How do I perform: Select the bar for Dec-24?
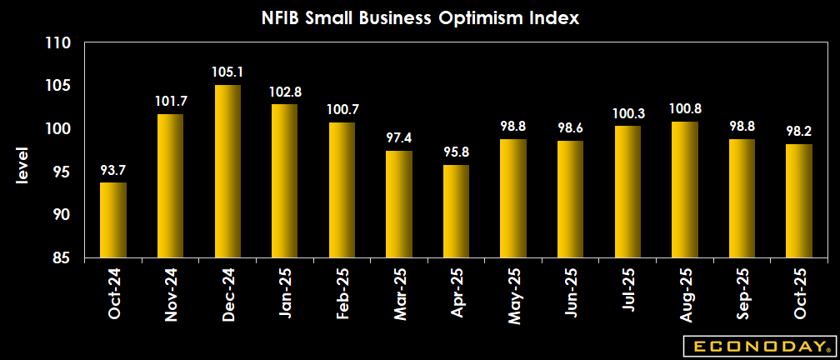(227, 172)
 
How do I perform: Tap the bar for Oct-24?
(113, 221)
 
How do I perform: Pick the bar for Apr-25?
(456, 212)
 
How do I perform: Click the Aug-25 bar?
(684, 190)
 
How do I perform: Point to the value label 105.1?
(227, 72)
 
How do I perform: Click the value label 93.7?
(113, 170)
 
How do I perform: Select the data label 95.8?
(456, 152)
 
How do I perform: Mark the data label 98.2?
(798, 132)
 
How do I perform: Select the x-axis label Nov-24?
(171, 295)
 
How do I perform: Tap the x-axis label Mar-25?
(399, 295)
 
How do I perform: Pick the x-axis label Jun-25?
(570, 295)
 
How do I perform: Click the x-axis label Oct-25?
(798, 295)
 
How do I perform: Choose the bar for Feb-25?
(342, 191)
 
